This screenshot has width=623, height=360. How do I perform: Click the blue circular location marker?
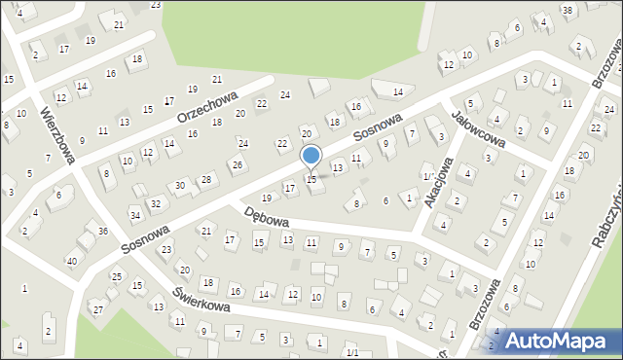[311, 156]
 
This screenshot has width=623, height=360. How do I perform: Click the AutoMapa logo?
[556, 340]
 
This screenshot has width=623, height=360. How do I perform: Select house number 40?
[71, 261]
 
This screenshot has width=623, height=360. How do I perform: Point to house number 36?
[103, 231]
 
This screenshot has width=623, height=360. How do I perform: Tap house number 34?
[134, 214]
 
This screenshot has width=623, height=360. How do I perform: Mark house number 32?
[156, 203]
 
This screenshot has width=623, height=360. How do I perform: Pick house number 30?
[180, 185]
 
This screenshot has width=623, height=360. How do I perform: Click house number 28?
[205, 179]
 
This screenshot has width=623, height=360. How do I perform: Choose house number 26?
[237, 163]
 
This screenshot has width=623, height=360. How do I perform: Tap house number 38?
[567, 10]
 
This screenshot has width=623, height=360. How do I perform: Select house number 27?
[97, 308]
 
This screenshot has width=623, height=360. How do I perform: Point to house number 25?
[116, 277]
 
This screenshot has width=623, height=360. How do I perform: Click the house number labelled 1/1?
[353, 352]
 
